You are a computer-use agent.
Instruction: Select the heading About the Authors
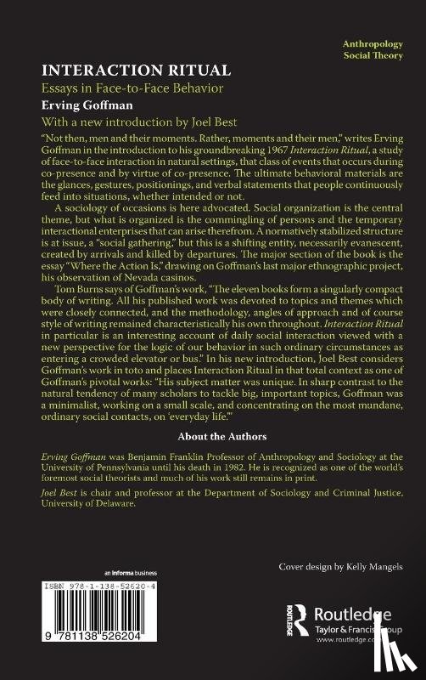pyautogui.click(x=212, y=436)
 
